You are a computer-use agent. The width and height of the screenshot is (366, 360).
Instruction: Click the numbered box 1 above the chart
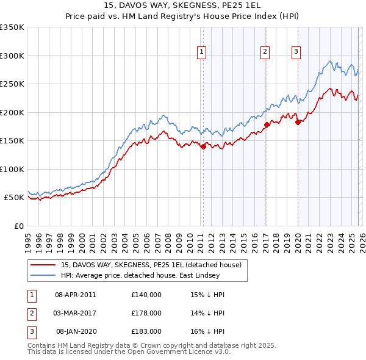pyautogui.click(x=201, y=52)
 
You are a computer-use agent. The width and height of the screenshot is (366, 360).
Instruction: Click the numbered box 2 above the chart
pyautogui.click(x=265, y=52)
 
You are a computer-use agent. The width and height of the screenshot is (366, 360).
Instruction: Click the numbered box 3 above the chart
pyautogui.click(x=296, y=52)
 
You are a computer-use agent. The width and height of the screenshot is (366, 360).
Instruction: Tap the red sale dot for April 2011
pyautogui.click(x=203, y=146)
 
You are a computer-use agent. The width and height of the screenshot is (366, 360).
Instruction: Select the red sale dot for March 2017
pyautogui.click(x=267, y=124)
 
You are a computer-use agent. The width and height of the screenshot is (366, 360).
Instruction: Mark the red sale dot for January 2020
pyautogui.click(x=298, y=122)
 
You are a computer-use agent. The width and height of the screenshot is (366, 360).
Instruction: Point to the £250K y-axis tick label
pyautogui.click(x=12, y=84)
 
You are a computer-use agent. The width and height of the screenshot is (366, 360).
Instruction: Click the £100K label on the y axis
pyautogui.click(x=12, y=169)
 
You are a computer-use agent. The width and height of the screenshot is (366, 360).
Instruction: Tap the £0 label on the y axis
pyautogui.click(x=18, y=226)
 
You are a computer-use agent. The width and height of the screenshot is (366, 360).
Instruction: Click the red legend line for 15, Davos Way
pyautogui.click(x=43, y=265)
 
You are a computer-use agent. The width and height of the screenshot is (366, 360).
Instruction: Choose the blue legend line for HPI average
pyautogui.click(x=43, y=275)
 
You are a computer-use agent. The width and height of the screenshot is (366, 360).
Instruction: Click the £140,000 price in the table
pyautogui.click(x=146, y=294)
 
